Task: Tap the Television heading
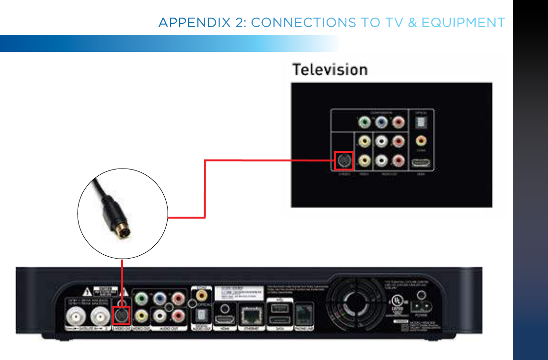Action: coord(329,70)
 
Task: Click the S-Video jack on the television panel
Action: coord(344,160)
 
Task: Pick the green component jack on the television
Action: coord(365,123)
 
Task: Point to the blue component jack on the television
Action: coord(381,123)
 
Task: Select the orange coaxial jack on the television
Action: coord(421,141)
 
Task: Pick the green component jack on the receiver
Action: coord(141,299)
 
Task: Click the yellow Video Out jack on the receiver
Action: coord(141,315)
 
